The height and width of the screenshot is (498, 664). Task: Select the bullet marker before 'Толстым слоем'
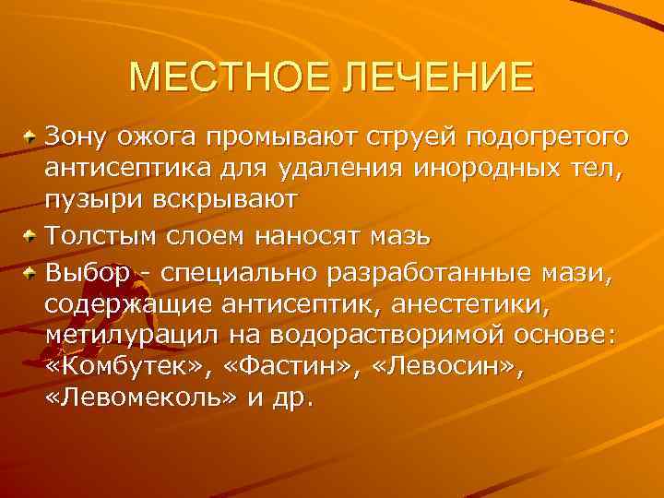click(31, 236)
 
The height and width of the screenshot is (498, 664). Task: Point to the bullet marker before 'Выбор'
click(31, 272)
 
